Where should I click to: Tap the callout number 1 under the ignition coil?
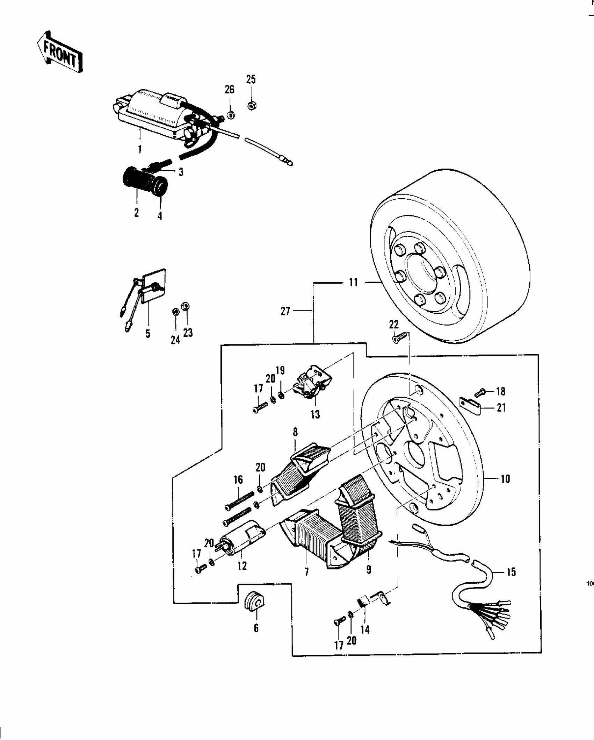140,150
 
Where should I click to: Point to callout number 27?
285,311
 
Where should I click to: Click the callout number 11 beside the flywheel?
354,282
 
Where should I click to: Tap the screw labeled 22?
398,338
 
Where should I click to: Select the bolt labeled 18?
481,391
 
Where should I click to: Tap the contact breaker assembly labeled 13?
313,383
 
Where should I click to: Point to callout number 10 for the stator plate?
506,478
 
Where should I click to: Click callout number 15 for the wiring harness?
511,572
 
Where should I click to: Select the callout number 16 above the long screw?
238,480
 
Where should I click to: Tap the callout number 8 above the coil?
295,432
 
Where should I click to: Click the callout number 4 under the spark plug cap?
160,216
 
